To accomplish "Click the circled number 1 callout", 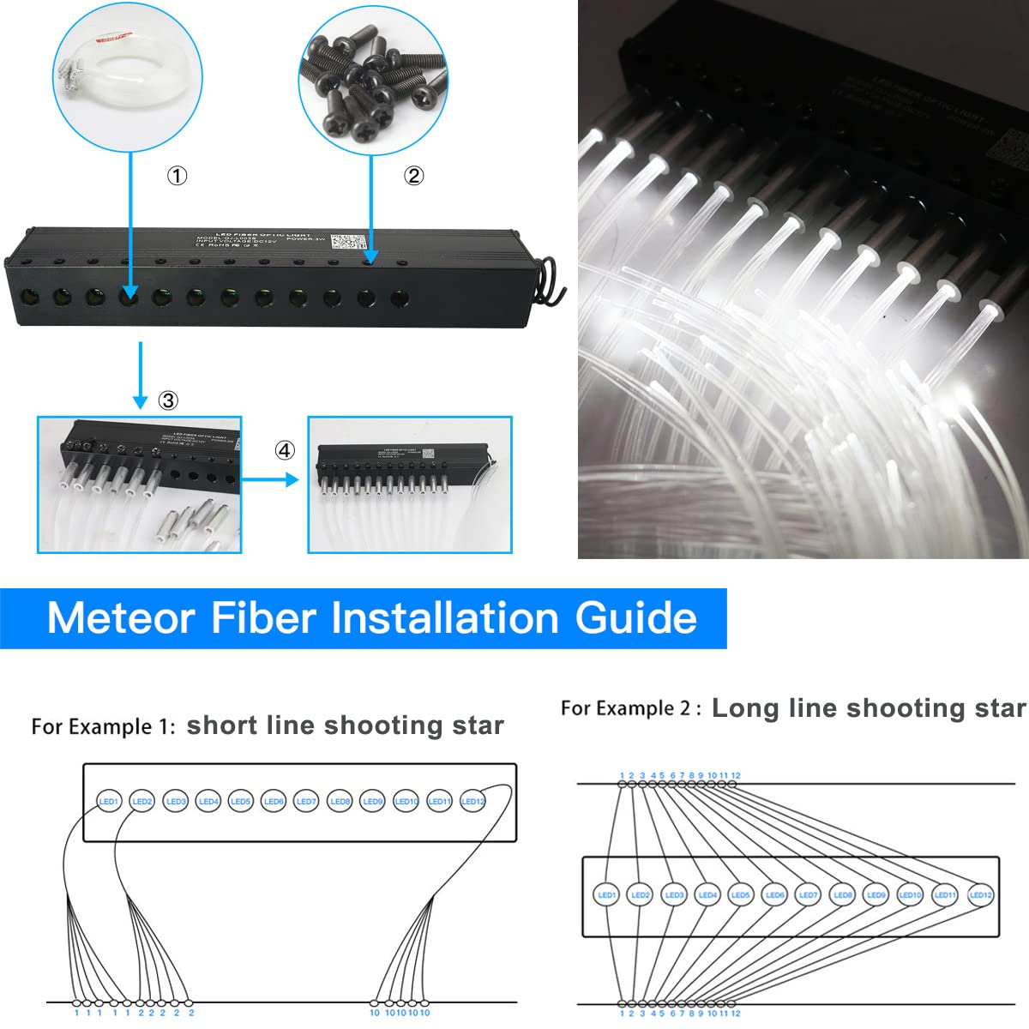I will click(176, 176).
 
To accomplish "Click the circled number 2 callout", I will click(413, 176).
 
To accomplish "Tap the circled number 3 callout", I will click(168, 400).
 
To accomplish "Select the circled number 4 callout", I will click(285, 450).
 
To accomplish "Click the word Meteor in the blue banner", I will click(121, 617).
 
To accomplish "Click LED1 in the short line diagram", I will click(109, 801).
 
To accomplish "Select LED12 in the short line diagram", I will click(472, 801).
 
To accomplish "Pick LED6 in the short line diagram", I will click(274, 801).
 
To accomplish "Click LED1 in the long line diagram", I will click(606, 894).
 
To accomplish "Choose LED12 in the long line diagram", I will click(980, 894).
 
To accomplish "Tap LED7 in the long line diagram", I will click(808, 894).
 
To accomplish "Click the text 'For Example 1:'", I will click(103, 727).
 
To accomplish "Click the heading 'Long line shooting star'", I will click(868, 708).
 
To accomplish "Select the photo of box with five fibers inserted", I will click(140, 485).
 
